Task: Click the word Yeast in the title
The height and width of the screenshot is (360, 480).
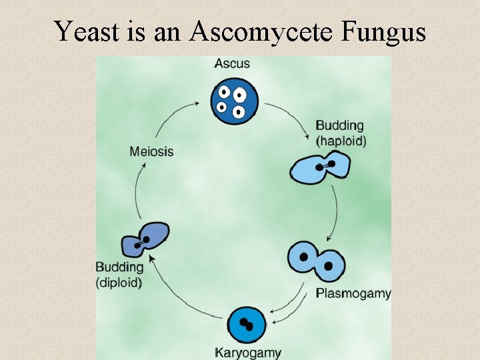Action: pyautogui.click(x=85, y=31)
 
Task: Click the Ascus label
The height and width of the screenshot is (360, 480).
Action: pyautogui.click(x=232, y=64)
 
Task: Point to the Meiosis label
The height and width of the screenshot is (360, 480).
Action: pyautogui.click(x=151, y=151)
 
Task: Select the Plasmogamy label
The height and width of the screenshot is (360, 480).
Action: pyautogui.click(x=353, y=293)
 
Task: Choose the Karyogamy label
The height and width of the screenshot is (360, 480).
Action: pyautogui.click(x=248, y=353)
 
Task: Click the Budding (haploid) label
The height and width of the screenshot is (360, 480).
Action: pyautogui.click(x=340, y=133)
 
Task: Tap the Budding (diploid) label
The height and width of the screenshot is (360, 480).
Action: pyautogui.click(x=119, y=274)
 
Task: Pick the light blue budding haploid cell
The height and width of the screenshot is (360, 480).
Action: pyautogui.click(x=321, y=167)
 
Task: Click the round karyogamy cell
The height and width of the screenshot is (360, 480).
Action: pyautogui.click(x=247, y=325)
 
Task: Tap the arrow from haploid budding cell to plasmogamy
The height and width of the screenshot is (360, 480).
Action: pyautogui.click(x=335, y=213)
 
